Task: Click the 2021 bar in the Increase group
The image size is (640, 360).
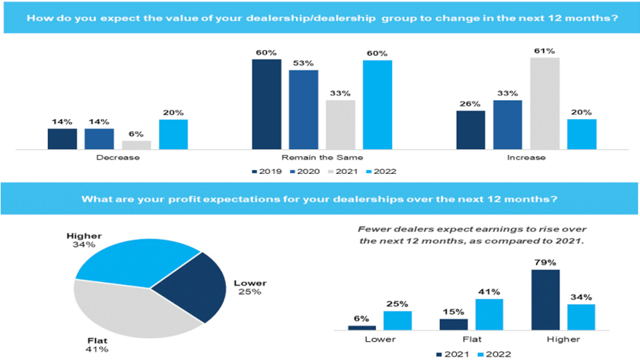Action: pos(545,104)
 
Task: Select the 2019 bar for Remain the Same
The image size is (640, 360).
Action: pos(266,105)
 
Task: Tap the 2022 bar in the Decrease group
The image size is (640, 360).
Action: pos(173,135)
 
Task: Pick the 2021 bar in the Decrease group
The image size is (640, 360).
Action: pos(136,145)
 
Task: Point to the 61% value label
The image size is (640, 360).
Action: pos(545,51)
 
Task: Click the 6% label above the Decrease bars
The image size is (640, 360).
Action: pos(136,134)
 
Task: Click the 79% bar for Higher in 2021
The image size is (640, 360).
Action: pos(545,300)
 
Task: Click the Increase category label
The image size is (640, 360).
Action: pos(527,157)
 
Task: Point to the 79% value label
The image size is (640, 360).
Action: pos(545,263)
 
